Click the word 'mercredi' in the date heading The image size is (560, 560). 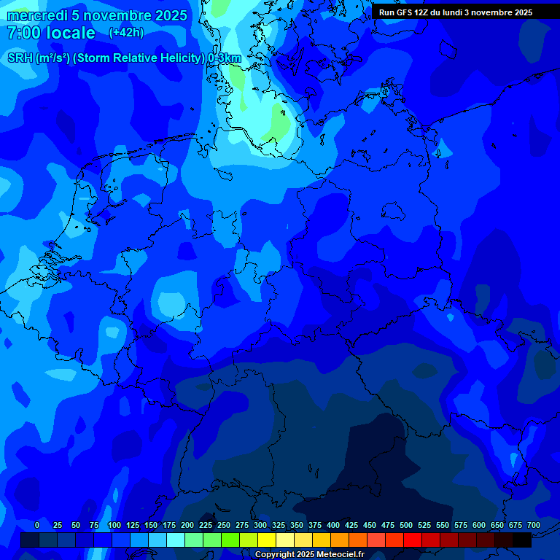(37, 15)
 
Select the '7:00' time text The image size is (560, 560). (23, 33)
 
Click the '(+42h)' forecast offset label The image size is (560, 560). (126, 33)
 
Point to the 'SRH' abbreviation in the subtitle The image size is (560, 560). (20, 58)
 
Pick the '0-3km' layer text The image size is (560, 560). (225, 58)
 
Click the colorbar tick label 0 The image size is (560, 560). (37, 525)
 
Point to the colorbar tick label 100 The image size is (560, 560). (114, 525)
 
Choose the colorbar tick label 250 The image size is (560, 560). (224, 525)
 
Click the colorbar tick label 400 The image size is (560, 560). (333, 525)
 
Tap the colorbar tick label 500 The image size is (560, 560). (406, 525)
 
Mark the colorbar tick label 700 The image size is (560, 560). (534, 525)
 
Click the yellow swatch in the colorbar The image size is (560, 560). (267, 540)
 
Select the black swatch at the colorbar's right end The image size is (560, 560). (522, 540)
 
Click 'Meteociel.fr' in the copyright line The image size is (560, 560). (341, 554)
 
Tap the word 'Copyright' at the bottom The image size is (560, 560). (275, 554)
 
